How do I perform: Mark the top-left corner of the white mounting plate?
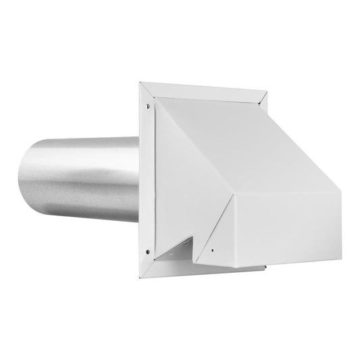[140, 84]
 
